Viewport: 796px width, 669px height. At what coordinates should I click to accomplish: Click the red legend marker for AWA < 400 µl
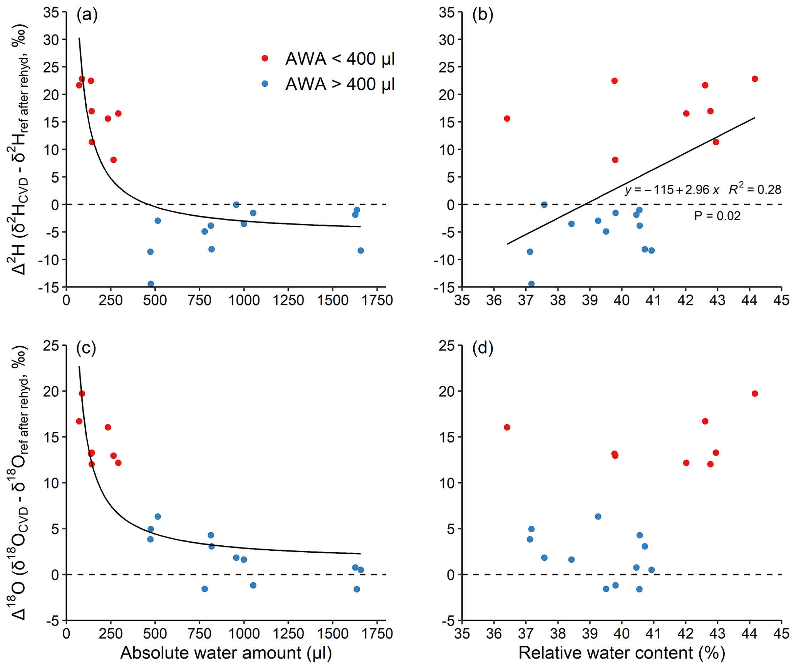[265, 58]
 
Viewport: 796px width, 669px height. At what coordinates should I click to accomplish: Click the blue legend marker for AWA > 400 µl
[265, 83]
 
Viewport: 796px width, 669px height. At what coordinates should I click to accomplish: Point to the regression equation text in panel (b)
[672, 189]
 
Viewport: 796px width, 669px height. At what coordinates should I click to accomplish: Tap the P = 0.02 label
[717, 216]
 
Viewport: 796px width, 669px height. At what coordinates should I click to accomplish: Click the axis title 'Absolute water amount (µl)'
[226, 653]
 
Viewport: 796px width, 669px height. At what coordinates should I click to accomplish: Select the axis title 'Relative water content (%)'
[622, 653]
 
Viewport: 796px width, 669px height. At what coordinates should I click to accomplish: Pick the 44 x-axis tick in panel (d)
[749, 634]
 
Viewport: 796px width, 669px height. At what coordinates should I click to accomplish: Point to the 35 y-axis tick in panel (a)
[51, 12]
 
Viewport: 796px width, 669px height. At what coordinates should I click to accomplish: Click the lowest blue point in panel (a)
[151, 284]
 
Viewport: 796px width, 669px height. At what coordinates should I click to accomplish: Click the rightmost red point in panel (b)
[755, 79]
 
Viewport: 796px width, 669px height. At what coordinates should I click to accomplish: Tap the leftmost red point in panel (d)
[507, 427]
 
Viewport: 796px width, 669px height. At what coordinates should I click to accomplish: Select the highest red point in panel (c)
[82, 394]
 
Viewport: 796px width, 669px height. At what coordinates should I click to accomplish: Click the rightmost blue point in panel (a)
[360, 250]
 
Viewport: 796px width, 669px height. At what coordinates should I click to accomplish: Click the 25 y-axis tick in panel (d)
[447, 345]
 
